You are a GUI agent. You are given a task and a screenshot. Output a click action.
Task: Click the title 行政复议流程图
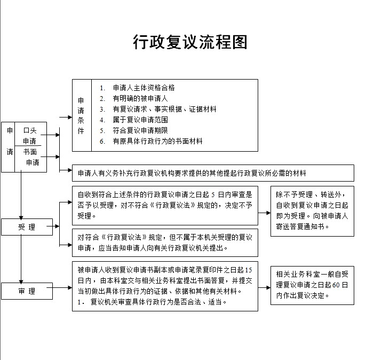190,42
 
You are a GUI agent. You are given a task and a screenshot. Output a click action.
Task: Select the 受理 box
27,227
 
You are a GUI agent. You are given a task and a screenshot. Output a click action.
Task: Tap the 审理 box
27,291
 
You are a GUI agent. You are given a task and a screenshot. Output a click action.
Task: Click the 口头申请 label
30,136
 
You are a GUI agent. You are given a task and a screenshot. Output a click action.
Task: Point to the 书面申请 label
30,156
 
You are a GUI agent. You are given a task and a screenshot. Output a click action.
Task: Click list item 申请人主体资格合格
144,88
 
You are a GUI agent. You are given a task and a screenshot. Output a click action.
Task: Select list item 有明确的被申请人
140,98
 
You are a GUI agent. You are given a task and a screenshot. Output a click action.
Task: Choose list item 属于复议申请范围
140,120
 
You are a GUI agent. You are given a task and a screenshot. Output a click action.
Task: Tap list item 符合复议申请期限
140,130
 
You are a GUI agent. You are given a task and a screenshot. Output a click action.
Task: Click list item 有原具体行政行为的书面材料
157,141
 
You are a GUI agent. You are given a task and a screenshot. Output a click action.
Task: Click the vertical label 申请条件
81,115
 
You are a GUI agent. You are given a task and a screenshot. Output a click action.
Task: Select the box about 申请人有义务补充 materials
213,173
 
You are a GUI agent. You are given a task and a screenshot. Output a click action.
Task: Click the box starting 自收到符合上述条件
165,205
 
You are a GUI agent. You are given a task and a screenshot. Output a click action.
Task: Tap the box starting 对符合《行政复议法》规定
165,242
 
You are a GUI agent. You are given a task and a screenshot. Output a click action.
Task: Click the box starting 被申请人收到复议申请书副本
165,286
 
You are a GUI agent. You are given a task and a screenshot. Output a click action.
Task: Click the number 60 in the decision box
336,285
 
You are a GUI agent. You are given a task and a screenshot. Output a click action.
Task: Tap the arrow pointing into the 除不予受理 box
265,213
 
